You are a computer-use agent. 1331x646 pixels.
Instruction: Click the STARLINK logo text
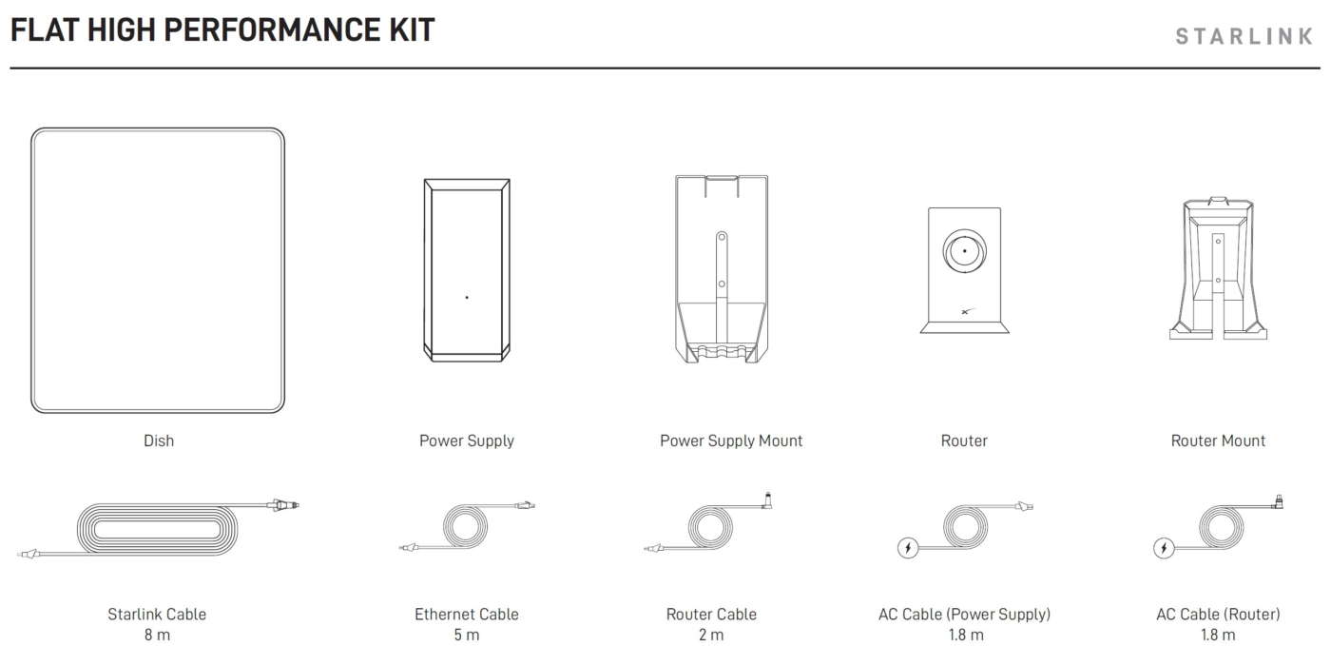click(x=1244, y=36)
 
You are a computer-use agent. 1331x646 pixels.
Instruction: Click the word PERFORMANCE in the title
click(x=272, y=29)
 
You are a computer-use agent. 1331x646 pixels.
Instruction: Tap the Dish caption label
click(x=159, y=440)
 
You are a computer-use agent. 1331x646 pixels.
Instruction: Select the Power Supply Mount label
click(x=731, y=440)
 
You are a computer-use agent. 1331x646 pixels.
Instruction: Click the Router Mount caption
click(x=1218, y=440)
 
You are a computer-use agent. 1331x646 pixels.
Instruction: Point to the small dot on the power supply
click(x=467, y=297)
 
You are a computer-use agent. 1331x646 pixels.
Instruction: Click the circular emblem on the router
click(x=964, y=251)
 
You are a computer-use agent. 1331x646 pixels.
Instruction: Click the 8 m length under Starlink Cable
click(x=157, y=635)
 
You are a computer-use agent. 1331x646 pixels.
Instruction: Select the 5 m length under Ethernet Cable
click(x=467, y=635)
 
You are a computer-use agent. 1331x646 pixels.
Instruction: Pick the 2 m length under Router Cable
click(x=711, y=635)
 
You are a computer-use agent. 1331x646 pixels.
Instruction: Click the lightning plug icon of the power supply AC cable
click(x=907, y=548)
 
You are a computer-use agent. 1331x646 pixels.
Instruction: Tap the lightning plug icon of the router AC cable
click(x=1164, y=548)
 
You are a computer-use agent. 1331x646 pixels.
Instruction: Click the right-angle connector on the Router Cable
click(x=767, y=500)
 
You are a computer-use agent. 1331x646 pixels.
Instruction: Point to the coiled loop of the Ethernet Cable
click(x=465, y=526)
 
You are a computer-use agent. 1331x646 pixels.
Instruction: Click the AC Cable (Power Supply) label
click(x=964, y=614)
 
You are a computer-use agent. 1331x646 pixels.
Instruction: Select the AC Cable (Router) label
click(x=1218, y=614)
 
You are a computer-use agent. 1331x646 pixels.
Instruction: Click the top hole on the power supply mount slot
click(x=722, y=237)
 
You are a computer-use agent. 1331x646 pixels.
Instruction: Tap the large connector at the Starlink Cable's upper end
click(x=282, y=505)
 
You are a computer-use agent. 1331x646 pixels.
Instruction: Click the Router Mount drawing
click(x=1218, y=268)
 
